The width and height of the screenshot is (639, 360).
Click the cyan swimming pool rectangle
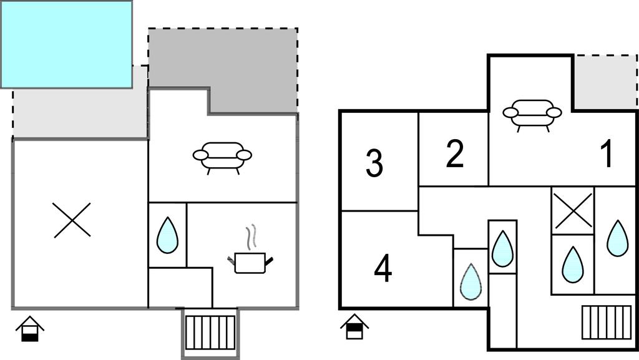pyautogui.click(x=66, y=44)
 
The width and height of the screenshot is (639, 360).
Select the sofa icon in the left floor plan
pyautogui.click(x=222, y=157)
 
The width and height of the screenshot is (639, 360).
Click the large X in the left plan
pyautogui.click(x=72, y=220)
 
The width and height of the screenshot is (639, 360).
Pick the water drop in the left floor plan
pyautogui.click(x=167, y=235)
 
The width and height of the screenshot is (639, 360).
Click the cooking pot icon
pyautogui.click(x=251, y=262)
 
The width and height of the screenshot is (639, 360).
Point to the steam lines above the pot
pyautogui.click(x=251, y=237)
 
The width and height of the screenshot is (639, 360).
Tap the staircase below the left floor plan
pyautogui.click(x=211, y=332)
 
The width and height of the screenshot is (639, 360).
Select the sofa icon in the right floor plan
pyautogui.click(x=532, y=115)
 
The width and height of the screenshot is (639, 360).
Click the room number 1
pyautogui.click(x=606, y=154)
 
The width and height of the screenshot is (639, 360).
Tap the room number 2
pyautogui.click(x=455, y=154)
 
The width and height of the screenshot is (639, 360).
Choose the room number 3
pyautogui.click(x=374, y=163)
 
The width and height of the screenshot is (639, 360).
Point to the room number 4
pyautogui.click(x=383, y=269)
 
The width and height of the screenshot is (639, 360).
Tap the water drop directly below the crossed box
pyautogui.click(x=572, y=265)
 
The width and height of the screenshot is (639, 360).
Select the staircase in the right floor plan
pyautogui.click(x=602, y=321)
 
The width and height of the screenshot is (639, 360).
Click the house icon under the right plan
pyautogui.click(x=354, y=327)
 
